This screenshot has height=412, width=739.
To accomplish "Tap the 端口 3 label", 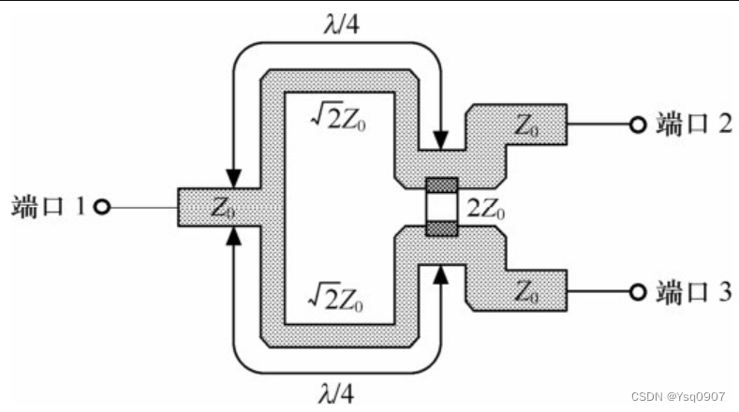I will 693,291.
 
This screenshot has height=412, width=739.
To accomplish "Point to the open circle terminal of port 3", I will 637,292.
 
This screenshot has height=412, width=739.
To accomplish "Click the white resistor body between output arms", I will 441,207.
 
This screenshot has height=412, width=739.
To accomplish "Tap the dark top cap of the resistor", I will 441,184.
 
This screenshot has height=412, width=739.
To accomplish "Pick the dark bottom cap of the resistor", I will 441,228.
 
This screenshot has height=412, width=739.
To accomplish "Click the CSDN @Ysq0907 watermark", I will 676,397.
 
